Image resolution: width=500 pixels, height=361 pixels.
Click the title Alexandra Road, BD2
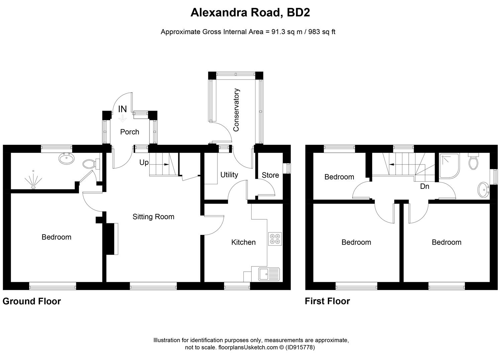tap(250, 13)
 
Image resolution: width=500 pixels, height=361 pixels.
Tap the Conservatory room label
tap(236, 110)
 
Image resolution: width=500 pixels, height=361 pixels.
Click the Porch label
tap(129, 132)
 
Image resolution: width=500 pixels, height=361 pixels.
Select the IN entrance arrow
tap(123, 118)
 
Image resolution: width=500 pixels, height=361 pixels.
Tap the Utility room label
tap(229, 174)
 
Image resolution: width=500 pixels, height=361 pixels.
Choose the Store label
tap(270, 175)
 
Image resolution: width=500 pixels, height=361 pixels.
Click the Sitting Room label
tap(153, 217)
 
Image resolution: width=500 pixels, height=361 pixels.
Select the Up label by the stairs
tap(144, 162)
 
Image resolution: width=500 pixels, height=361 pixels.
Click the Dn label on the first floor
tap(424, 186)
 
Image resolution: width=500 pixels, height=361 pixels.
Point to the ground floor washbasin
tap(66, 158)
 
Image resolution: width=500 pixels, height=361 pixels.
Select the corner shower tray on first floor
tap(448, 166)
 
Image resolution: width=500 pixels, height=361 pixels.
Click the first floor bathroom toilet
tap(473, 162)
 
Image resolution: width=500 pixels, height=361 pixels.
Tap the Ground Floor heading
tap(32, 301)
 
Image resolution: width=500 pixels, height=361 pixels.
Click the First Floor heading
tap(327, 301)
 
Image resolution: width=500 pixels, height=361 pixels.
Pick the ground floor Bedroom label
tap(56, 237)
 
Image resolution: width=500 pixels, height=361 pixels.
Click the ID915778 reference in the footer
tap(300, 347)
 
